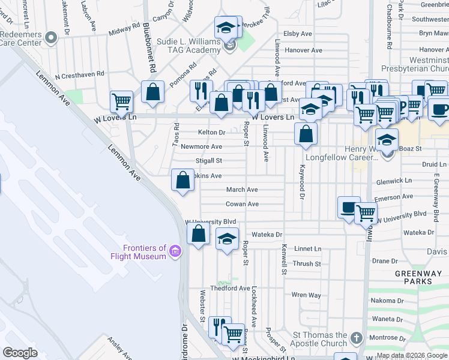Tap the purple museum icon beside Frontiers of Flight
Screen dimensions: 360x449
pyautogui.click(x=175, y=250)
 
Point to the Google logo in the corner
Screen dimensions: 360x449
pyautogui.click(x=20, y=352)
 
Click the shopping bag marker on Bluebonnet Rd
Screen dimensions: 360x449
pyautogui.click(x=153, y=92)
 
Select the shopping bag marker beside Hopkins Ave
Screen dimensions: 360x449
pyautogui.click(x=182, y=179)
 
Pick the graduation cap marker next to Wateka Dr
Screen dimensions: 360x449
pyautogui.click(x=227, y=239)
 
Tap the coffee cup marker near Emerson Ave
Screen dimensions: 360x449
pyautogui.click(x=349, y=207)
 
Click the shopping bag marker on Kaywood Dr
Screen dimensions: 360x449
pyautogui.click(x=306, y=133)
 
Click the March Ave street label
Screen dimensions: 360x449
pyautogui.click(x=242, y=190)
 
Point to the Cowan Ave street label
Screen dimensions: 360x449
pyautogui.click(x=242, y=204)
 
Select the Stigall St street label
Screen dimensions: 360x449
pyautogui.click(x=209, y=161)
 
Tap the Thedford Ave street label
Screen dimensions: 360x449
pyautogui.click(x=229, y=289)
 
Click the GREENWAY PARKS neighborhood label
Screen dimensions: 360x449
pyautogui.click(x=414, y=277)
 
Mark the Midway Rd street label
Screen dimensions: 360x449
pyautogui.click(x=120, y=30)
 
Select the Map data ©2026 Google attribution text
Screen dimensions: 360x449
pyautogui.click(x=412, y=355)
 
